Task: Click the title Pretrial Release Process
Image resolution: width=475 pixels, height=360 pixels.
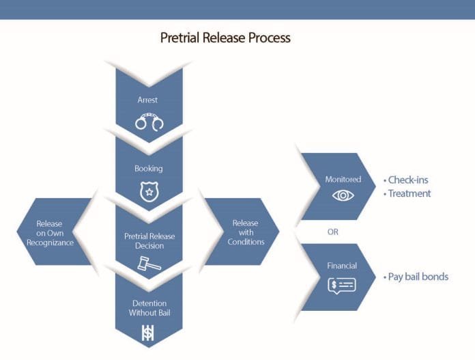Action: tap(225, 38)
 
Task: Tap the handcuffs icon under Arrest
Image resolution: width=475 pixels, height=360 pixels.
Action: tap(149, 123)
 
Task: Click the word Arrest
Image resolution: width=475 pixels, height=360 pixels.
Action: tap(147, 100)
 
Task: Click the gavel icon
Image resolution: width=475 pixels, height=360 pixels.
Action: tap(148, 264)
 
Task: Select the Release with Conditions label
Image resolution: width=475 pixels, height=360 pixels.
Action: tap(245, 232)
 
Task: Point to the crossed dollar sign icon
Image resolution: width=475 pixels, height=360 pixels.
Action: tap(147, 332)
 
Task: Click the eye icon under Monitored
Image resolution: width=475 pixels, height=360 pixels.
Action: tap(343, 195)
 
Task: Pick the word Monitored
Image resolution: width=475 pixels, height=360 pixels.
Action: tap(343, 180)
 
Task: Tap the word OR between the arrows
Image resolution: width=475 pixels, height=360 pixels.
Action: tap(333, 232)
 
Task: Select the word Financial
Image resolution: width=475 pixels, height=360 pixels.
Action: tap(343, 266)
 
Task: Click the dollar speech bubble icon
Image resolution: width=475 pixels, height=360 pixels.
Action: tap(342, 285)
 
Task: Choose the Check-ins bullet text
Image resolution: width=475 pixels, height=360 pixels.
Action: tap(408, 180)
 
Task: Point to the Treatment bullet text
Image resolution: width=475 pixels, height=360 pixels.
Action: tap(409, 193)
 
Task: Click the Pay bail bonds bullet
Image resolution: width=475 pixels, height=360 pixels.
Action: tap(417, 277)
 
